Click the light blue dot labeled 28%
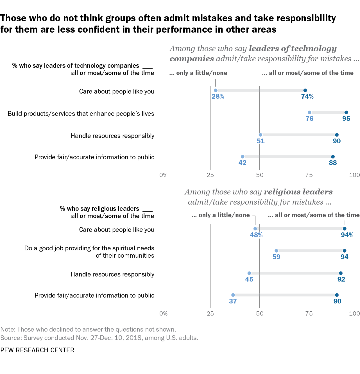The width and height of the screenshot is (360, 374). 216,90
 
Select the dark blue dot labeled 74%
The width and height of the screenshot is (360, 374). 305,90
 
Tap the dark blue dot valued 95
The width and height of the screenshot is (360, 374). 346,112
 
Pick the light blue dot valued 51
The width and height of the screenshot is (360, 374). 261,135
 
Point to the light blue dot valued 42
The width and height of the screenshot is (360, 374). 243,157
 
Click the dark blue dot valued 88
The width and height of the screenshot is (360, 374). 333,157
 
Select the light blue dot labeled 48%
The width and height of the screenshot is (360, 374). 255,229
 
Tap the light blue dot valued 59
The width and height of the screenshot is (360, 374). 276,251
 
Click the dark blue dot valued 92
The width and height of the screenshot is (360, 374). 341,273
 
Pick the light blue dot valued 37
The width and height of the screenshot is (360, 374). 233,295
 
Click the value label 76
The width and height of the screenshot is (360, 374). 309,119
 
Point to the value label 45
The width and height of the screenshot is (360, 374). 249,279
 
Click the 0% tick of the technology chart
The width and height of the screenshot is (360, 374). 163,175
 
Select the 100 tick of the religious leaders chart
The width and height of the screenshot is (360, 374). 354,314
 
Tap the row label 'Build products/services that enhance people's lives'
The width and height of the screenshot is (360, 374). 81,114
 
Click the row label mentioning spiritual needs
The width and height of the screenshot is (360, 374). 89,252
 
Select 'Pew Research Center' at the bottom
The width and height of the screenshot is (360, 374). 37,350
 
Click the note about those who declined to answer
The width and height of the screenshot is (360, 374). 88,329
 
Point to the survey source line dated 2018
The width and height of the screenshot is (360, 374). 99,338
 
